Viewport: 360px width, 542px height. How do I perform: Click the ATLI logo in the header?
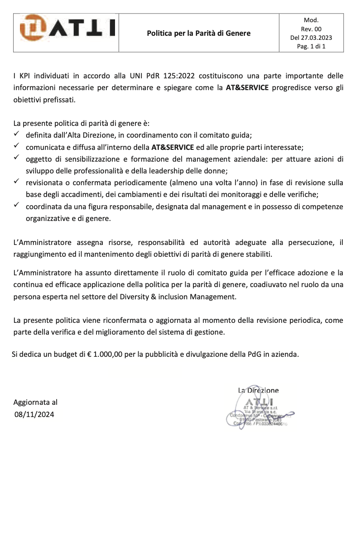(67, 27)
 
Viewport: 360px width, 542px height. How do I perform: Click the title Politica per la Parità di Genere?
(198, 33)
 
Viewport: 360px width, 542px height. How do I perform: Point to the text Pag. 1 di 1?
(311, 46)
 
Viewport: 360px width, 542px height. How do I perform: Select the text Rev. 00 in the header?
(311, 29)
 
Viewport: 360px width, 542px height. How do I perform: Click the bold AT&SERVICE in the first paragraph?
(247, 88)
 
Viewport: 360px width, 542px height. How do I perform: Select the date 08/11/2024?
(34, 413)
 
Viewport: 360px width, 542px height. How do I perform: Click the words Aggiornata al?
(35, 402)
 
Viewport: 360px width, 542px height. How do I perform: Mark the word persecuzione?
(310, 242)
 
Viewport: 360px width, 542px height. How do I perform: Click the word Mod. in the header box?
(311, 20)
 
